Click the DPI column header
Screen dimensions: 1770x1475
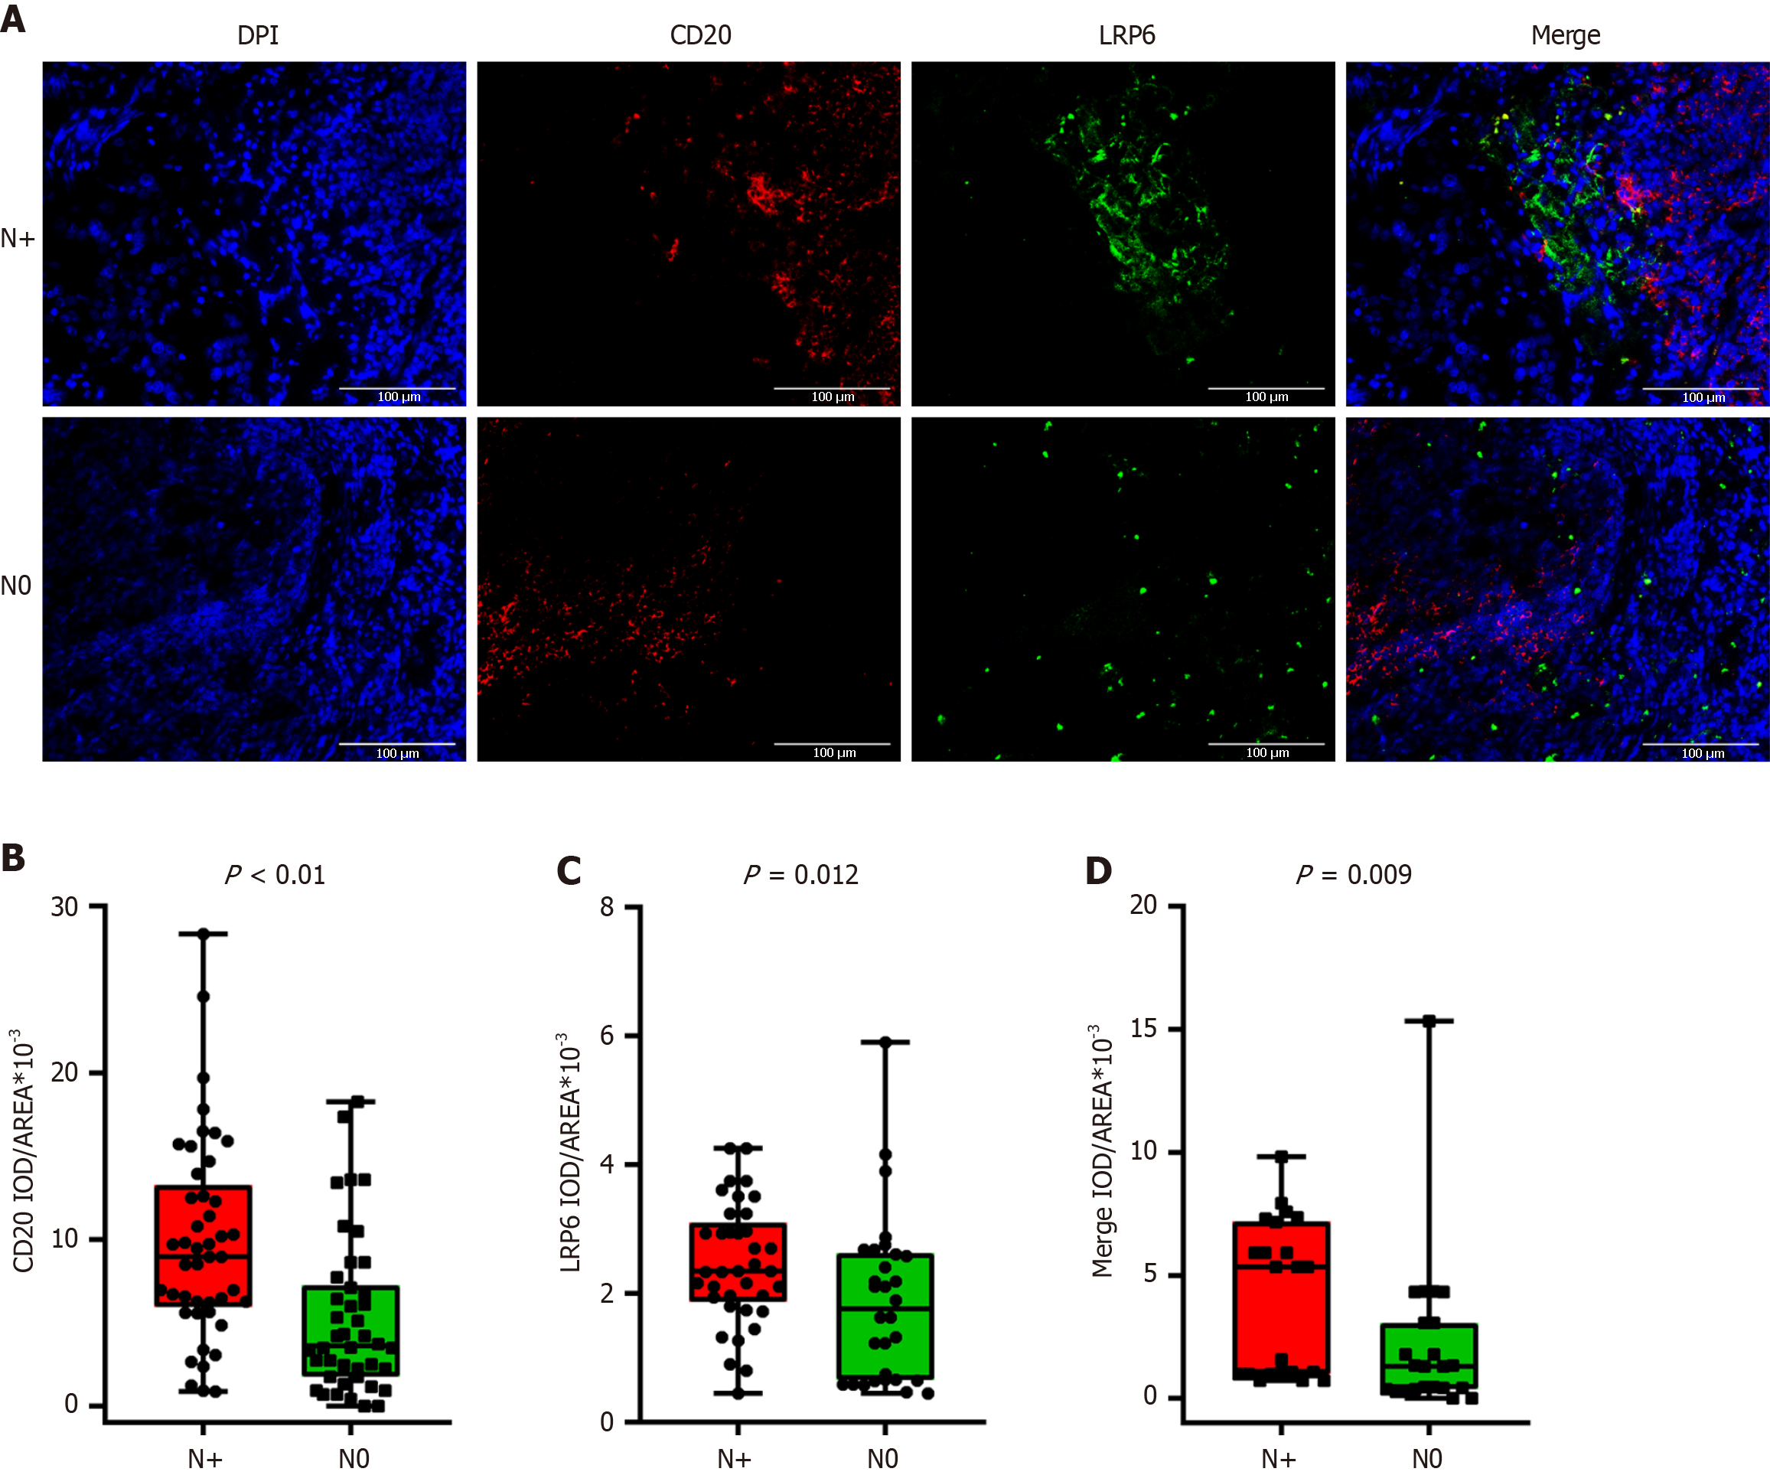click(258, 35)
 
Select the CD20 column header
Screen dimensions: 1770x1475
click(700, 35)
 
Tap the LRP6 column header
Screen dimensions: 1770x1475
click(1127, 35)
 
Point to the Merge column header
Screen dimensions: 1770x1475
click(1565, 36)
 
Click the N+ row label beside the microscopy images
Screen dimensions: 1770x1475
click(18, 239)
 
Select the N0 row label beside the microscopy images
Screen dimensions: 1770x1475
click(16, 586)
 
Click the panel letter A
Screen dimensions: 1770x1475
click(13, 18)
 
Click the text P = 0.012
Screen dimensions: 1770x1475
click(800, 875)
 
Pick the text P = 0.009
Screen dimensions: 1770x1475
click(1354, 875)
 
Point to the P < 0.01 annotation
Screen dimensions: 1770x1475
click(275, 875)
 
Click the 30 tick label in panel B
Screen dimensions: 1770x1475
click(65, 908)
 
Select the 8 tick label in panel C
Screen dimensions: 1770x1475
click(607, 908)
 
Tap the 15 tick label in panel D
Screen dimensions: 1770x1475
click(1144, 1028)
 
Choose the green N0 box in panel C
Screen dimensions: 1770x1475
click(885, 1316)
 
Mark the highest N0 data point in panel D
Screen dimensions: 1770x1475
click(1429, 1022)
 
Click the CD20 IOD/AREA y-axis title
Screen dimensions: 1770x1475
click(24, 1150)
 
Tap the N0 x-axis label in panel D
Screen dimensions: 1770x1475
click(1427, 1458)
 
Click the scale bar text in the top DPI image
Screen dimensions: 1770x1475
click(399, 397)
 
